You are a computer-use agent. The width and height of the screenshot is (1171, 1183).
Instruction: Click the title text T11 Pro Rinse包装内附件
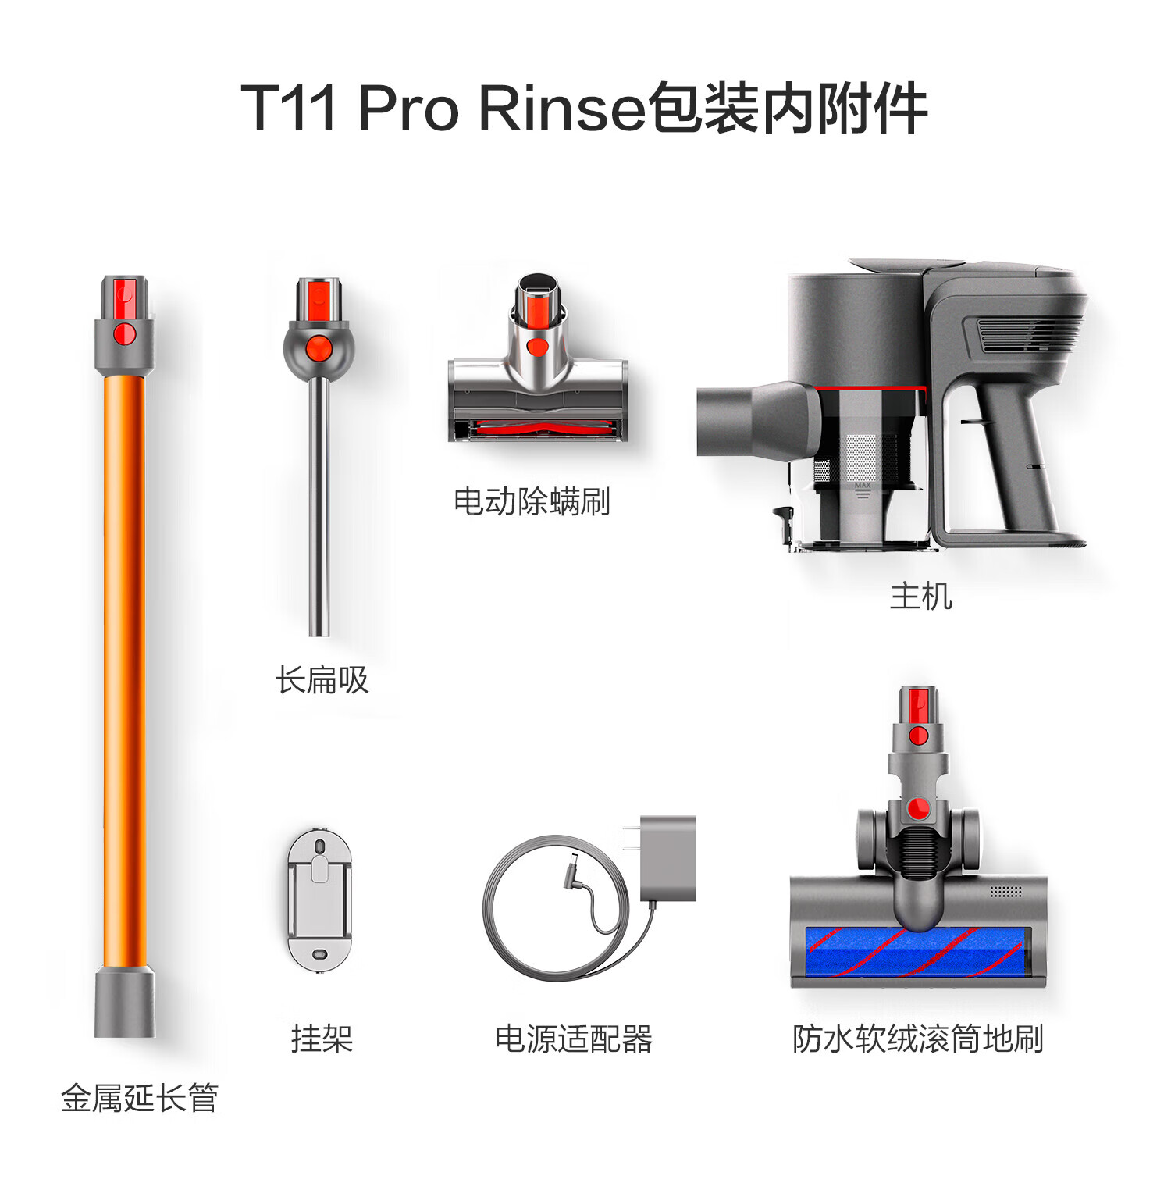click(x=584, y=108)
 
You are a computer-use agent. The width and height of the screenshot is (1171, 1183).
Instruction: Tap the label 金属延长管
click(x=140, y=1098)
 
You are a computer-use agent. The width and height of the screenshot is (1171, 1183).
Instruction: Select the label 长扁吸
click(x=322, y=679)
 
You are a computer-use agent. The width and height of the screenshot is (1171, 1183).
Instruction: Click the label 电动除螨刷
click(x=532, y=501)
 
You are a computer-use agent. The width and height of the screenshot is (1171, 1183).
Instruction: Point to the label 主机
click(x=921, y=596)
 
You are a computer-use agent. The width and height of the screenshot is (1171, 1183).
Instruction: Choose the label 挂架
click(x=322, y=1039)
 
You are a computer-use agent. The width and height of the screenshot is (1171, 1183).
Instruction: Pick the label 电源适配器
click(x=574, y=1039)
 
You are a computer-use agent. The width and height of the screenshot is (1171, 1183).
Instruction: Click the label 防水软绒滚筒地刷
click(x=918, y=1039)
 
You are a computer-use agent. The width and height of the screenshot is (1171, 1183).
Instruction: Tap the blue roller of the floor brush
click(x=914, y=952)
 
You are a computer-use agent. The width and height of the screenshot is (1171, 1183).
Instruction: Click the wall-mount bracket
click(x=319, y=901)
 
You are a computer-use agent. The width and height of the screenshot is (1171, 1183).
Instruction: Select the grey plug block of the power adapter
click(x=667, y=858)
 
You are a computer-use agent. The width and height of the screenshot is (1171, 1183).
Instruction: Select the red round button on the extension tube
click(x=125, y=335)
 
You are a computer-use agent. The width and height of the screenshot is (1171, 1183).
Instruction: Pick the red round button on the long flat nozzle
click(x=318, y=347)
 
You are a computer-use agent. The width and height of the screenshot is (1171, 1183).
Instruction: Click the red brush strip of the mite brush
click(x=539, y=429)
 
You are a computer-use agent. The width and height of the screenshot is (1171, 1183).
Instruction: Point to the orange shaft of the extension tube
click(x=125, y=672)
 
